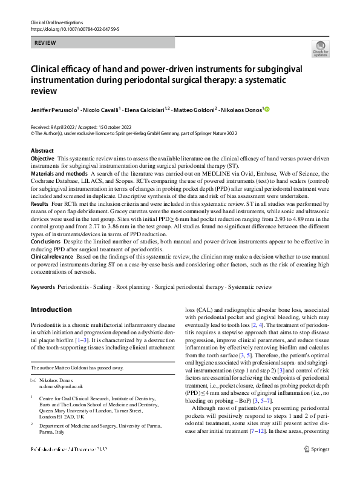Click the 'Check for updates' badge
point(319,48)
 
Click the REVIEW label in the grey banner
point(45,43)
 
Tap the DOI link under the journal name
point(75,28)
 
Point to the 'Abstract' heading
point(42,150)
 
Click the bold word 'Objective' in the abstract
point(42,158)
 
